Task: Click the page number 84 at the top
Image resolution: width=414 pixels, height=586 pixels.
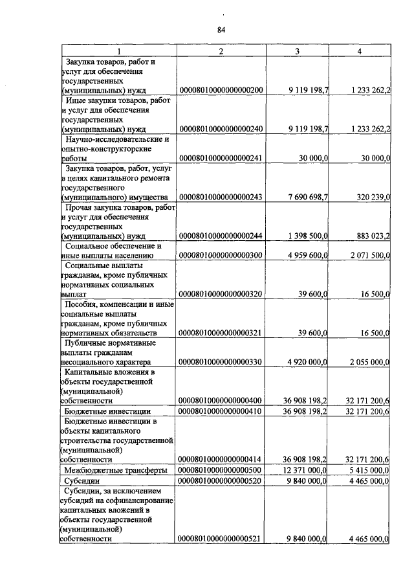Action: click(x=221, y=30)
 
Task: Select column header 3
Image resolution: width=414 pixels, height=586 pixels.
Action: click(x=298, y=51)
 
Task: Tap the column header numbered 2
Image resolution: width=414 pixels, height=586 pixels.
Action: click(x=221, y=51)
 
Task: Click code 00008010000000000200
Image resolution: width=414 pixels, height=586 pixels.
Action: click(x=221, y=91)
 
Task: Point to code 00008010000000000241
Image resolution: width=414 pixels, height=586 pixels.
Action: click(x=221, y=157)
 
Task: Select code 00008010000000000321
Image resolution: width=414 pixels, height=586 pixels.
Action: click(x=221, y=333)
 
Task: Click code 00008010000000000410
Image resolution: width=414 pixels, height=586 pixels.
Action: click(x=221, y=411)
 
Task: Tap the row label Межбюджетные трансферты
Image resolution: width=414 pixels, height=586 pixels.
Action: click(x=118, y=469)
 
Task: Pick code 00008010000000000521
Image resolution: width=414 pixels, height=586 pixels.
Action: click(x=221, y=538)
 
